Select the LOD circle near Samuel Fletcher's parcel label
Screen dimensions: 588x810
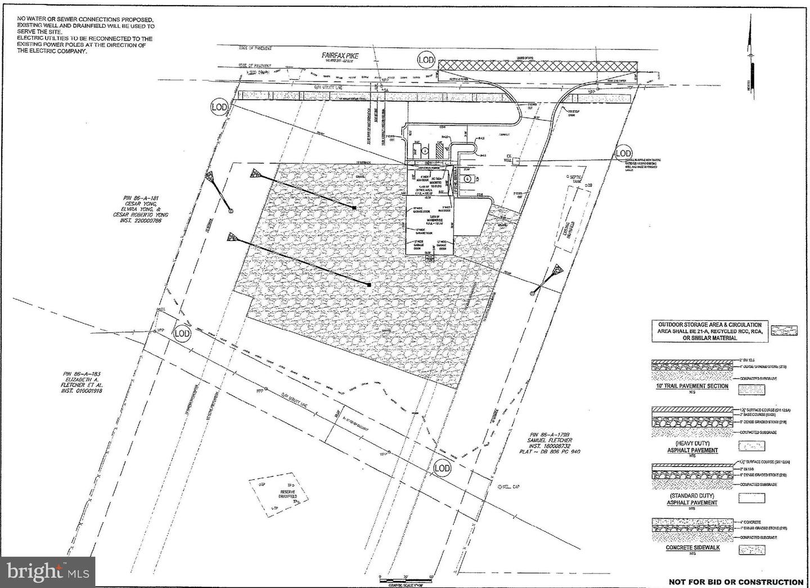pyautogui.click(x=443, y=468)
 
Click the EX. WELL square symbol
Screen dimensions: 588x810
pyautogui.click(x=515, y=161)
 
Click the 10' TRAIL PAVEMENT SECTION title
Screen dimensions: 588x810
pyautogui.click(x=691, y=386)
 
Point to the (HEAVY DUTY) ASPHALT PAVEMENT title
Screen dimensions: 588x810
pyautogui.click(x=692, y=446)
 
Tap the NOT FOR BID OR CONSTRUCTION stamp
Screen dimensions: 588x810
pyautogui.click(x=736, y=582)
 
